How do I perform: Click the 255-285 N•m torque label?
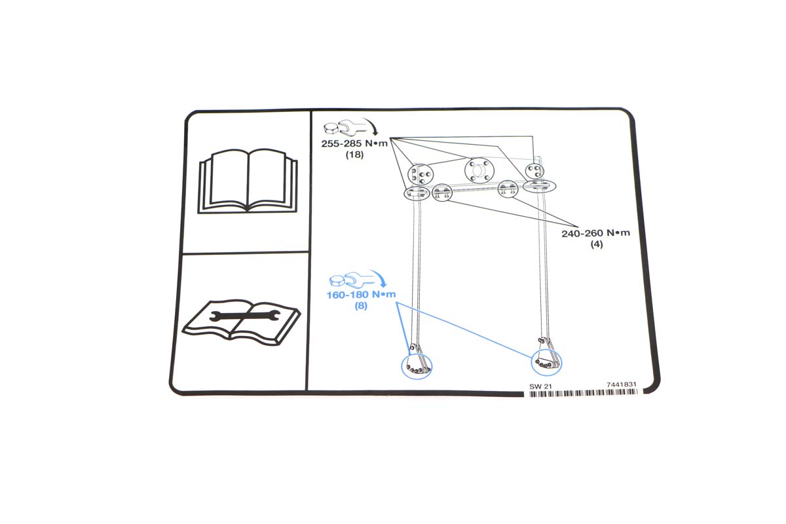coord(354,143)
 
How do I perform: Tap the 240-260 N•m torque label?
coord(595,233)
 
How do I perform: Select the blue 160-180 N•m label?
coord(361,295)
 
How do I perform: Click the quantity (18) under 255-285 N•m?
coord(354,155)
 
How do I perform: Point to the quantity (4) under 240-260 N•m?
coord(597,244)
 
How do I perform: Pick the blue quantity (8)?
coord(361,306)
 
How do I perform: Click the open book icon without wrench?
coord(248,181)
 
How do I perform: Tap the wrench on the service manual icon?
coord(244,316)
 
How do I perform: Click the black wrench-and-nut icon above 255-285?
coord(340,128)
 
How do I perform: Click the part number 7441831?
coord(621,384)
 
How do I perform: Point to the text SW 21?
coord(540,386)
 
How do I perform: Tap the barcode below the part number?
coord(583,393)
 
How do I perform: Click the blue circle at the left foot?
coord(402,367)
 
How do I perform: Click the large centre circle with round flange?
coord(479,170)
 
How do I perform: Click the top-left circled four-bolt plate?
coord(421,174)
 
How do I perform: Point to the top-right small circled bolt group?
coord(534,171)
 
